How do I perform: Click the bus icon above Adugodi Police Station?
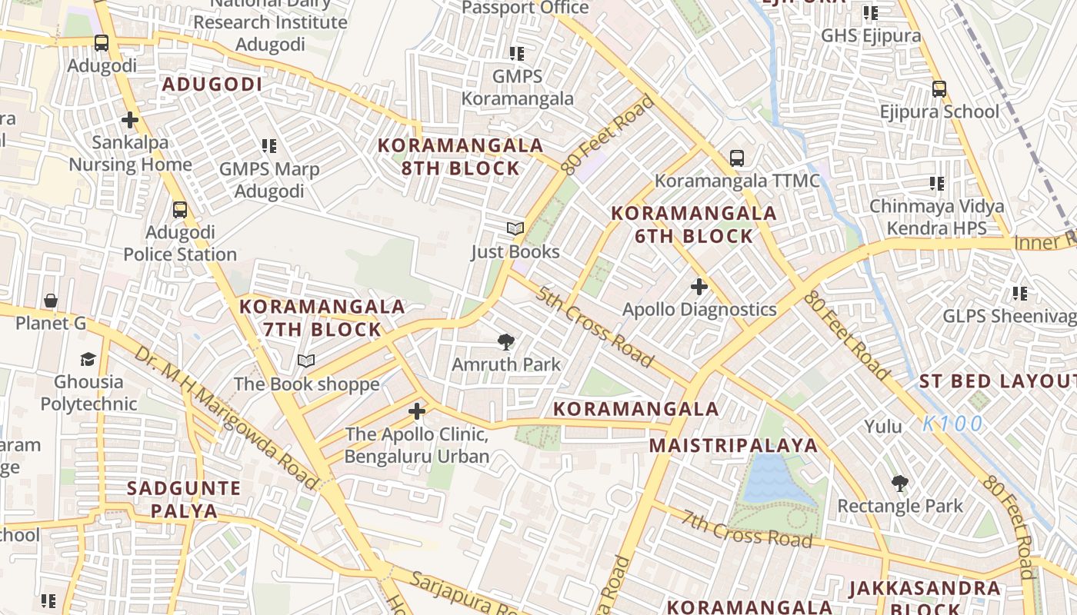click(179, 209)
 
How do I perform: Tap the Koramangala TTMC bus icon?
click(737, 158)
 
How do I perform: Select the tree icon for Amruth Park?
click(506, 341)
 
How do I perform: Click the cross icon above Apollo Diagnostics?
click(699, 287)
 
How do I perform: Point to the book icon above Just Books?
click(515, 229)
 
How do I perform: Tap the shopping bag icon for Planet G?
click(51, 301)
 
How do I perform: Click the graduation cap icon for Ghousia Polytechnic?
click(88, 359)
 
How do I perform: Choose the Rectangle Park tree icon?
click(899, 484)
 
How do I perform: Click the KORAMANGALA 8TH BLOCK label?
click(460, 157)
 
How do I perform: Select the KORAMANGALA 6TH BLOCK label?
click(693, 224)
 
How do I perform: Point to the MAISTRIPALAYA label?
click(733, 446)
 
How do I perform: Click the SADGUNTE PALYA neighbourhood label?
click(184, 499)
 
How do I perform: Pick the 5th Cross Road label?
click(595, 327)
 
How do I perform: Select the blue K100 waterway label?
click(953, 424)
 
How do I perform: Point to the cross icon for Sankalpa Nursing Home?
click(130, 120)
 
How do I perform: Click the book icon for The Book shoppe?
click(306, 361)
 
